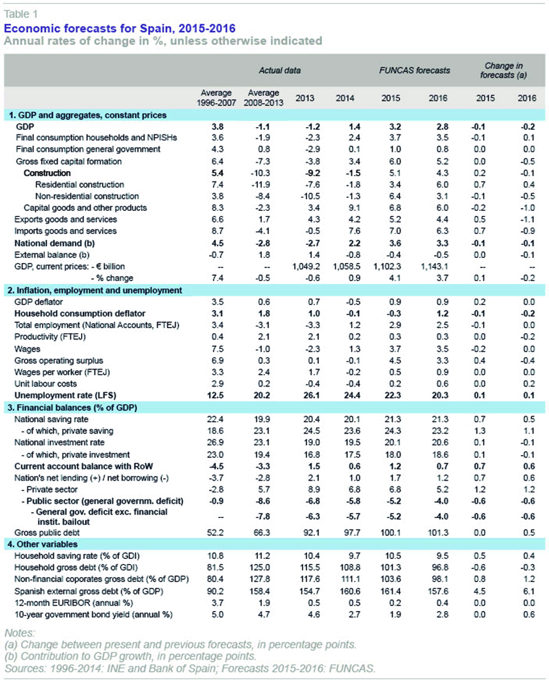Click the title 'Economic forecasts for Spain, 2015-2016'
click(120, 28)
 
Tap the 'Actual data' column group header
click(279, 70)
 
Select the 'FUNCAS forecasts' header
click(415, 70)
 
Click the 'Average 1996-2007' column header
click(216, 97)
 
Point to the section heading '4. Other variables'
click(42, 544)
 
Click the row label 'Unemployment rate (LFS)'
click(65, 395)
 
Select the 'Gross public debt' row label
click(47, 532)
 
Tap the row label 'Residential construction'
click(79, 184)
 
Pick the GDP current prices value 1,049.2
click(306, 266)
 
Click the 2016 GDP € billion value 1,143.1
click(435, 266)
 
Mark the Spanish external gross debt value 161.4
click(391, 591)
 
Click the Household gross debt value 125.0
click(260, 567)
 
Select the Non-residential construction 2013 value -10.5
click(310, 196)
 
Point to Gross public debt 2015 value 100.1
click(391, 532)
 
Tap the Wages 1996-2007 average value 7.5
click(218, 349)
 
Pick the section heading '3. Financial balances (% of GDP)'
click(73, 408)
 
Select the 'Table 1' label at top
click(21, 14)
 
